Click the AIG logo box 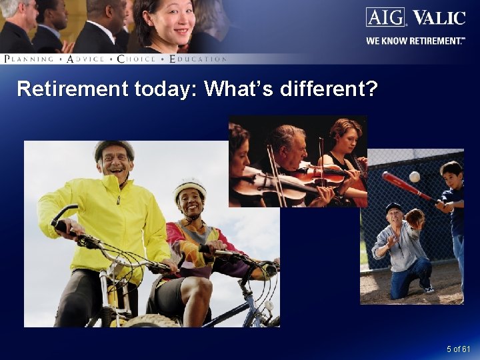pos(385,17)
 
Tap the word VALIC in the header pos(438,17)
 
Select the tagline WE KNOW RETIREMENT pos(414,41)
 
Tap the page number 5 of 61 pos(459,349)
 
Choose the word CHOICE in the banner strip pos(136,59)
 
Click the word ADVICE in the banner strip pos(86,59)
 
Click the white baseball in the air pos(415,177)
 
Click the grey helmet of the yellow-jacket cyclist pos(113,148)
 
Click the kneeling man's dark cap pos(394,207)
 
